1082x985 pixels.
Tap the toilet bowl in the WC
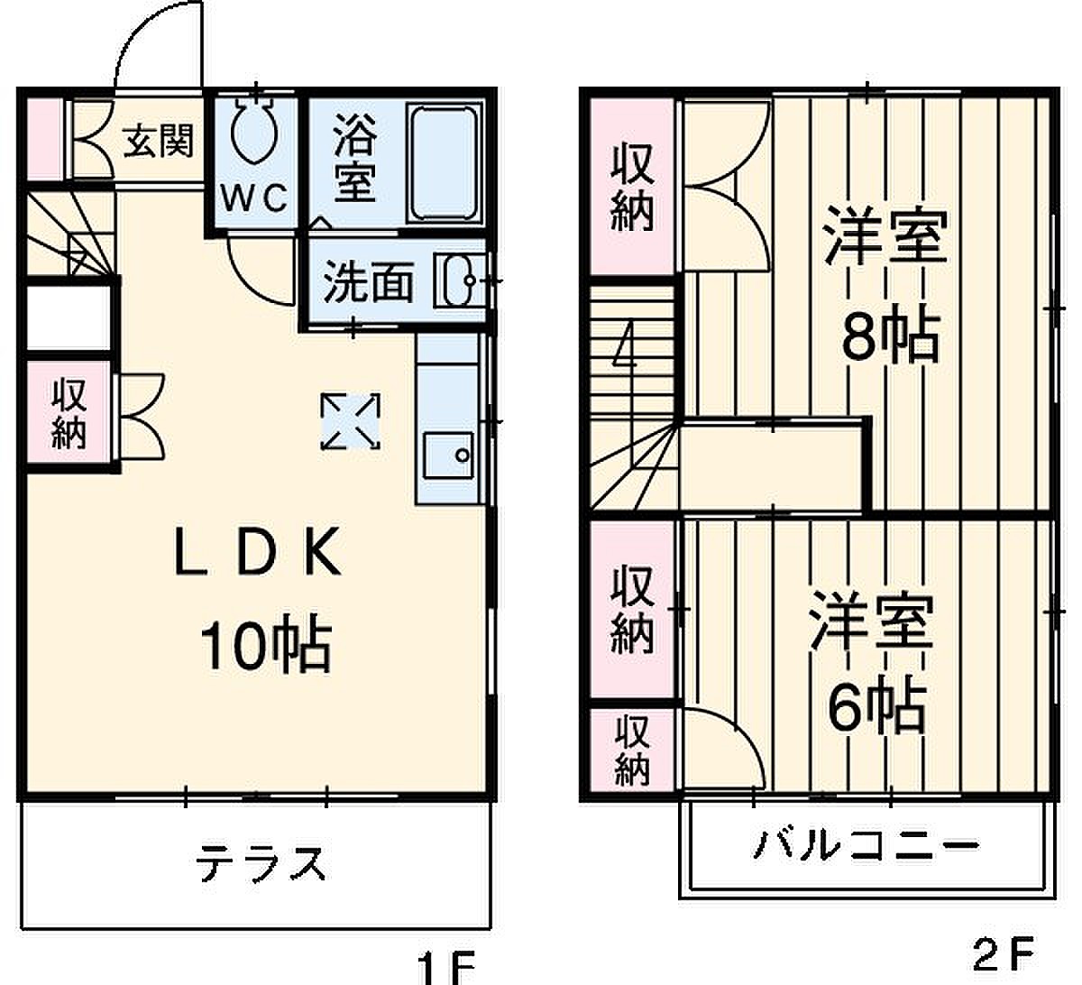(x=254, y=131)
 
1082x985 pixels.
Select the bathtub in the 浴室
(x=445, y=163)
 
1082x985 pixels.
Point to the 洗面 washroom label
(x=369, y=282)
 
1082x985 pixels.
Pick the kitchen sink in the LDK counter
(x=449, y=456)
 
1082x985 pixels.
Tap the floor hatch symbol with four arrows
(x=351, y=421)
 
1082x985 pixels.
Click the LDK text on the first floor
(x=258, y=551)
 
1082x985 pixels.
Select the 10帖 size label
(x=265, y=646)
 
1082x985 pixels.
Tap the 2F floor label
(x=1004, y=954)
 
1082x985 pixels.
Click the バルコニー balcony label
(x=866, y=845)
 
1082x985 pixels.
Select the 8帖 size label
(x=891, y=335)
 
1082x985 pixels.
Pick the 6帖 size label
(x=877, y=706)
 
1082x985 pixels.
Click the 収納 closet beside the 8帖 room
(x=632, y=186)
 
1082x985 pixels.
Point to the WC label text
(x=253, y=199)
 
